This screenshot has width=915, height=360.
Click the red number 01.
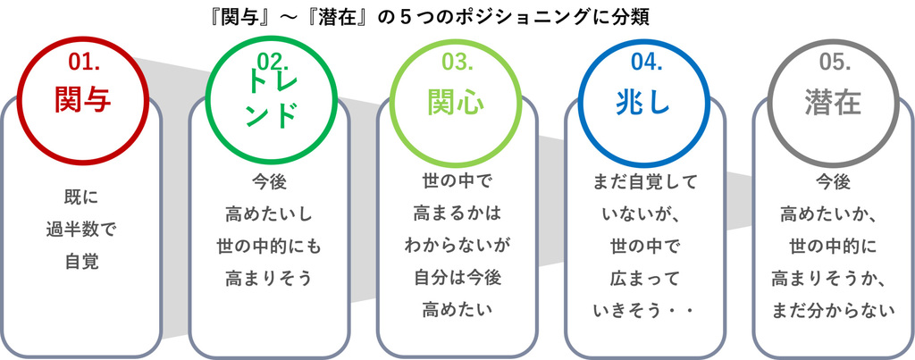[x=84, y=62]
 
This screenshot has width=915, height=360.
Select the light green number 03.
[x=457, y=62]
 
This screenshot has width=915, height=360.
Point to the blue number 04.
[x=647, y=62]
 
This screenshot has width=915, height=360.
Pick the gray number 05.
[x=835, y=62]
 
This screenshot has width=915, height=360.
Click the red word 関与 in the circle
[x=83, y=100]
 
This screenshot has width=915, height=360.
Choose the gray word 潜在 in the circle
[x=833, y=103]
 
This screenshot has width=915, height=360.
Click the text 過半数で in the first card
[x=81, y=230]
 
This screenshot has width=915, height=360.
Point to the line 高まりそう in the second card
[x=269, y=279]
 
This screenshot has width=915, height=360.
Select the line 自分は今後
[x=457, y=279]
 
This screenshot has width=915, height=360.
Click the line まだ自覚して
[x=645, y=182]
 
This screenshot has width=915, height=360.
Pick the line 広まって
[x=645, y=279]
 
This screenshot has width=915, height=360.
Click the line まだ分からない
[x=834, y=310]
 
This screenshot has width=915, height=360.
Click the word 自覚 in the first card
[x=81, y=262]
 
